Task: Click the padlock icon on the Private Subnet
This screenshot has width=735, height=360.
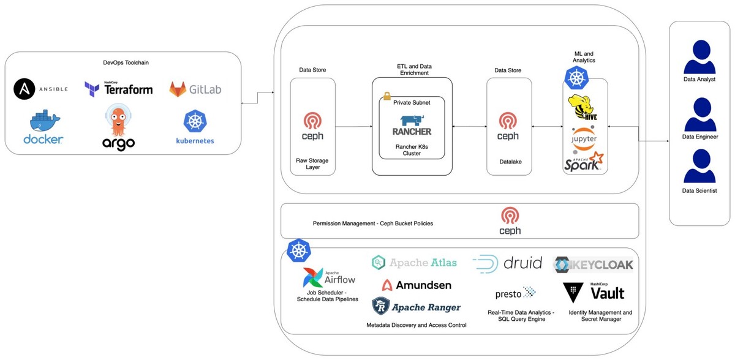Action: tap(386, 96)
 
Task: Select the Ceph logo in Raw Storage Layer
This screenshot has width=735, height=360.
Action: tap(312, 120)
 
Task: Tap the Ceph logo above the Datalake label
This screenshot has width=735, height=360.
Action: tap(508, 120)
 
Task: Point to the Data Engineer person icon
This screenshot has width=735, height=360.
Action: tap(699, 113)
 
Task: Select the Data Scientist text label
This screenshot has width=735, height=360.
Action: tap(699, 191)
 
